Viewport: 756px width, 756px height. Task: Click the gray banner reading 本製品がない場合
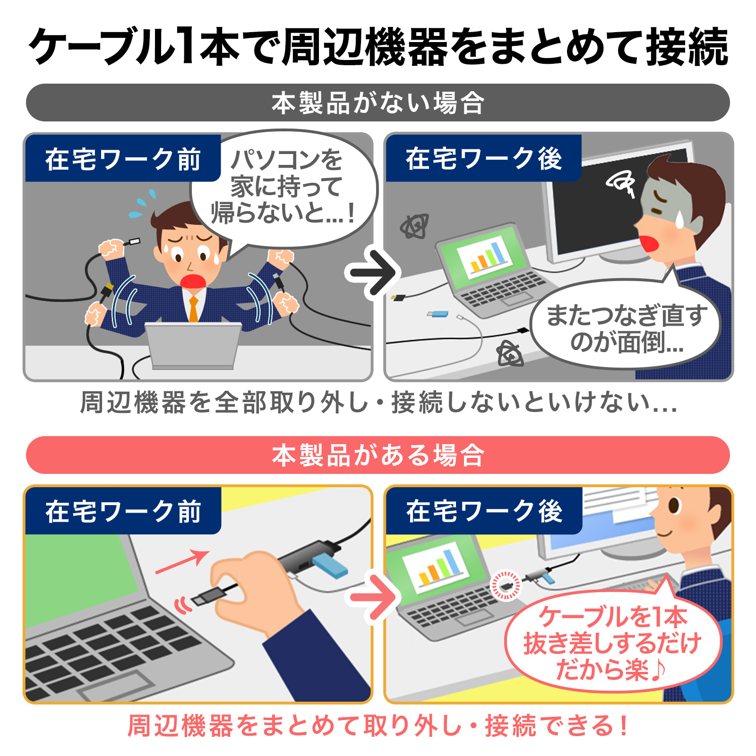(x=378, y=103)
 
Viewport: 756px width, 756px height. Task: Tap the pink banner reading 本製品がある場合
(x=378, y=455)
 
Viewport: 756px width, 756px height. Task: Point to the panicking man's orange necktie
(x=193, y=309)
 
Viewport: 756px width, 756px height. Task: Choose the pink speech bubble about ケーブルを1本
(x=613, y=640)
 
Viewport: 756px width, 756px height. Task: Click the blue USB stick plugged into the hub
(x=330, y=565)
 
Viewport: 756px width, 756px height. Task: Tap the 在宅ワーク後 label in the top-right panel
(x=484, y=158)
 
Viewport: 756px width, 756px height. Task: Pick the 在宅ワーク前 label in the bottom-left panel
(x=123, y=511)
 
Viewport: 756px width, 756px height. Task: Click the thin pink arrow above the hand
(x=182, y=562)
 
